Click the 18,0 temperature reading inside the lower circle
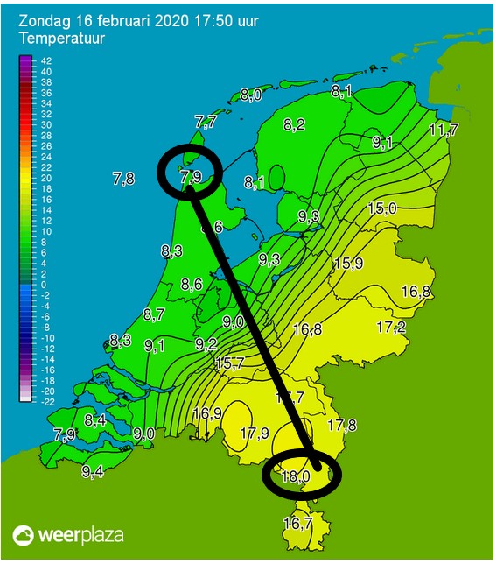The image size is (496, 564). pyautogui.click(x=296, y=476)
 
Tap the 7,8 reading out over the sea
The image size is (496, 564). pyautogui.click(x=123, y=179)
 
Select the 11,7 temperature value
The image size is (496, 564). pyautogui.click(x=444, y=130)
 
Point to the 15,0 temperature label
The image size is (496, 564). pyautogui.click(x=382, y=208)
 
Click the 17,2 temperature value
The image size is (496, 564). pyautogui.click(x=391, y=327)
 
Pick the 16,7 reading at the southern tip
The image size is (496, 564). pyautogui.click(x=297, y=524)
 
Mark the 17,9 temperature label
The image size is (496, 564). pyautogui.click(x=255, y=433)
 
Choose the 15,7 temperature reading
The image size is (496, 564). pyautogui.click(x=229, y=363)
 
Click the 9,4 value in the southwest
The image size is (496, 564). pyautogui.click(x=93, y=471)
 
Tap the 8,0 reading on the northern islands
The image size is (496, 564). pyautogui.click(x=251, y=95)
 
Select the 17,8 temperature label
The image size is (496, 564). pyautogui.click(x=342, y=426)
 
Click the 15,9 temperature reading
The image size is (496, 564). pyautogui.click(x=349, y=263)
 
